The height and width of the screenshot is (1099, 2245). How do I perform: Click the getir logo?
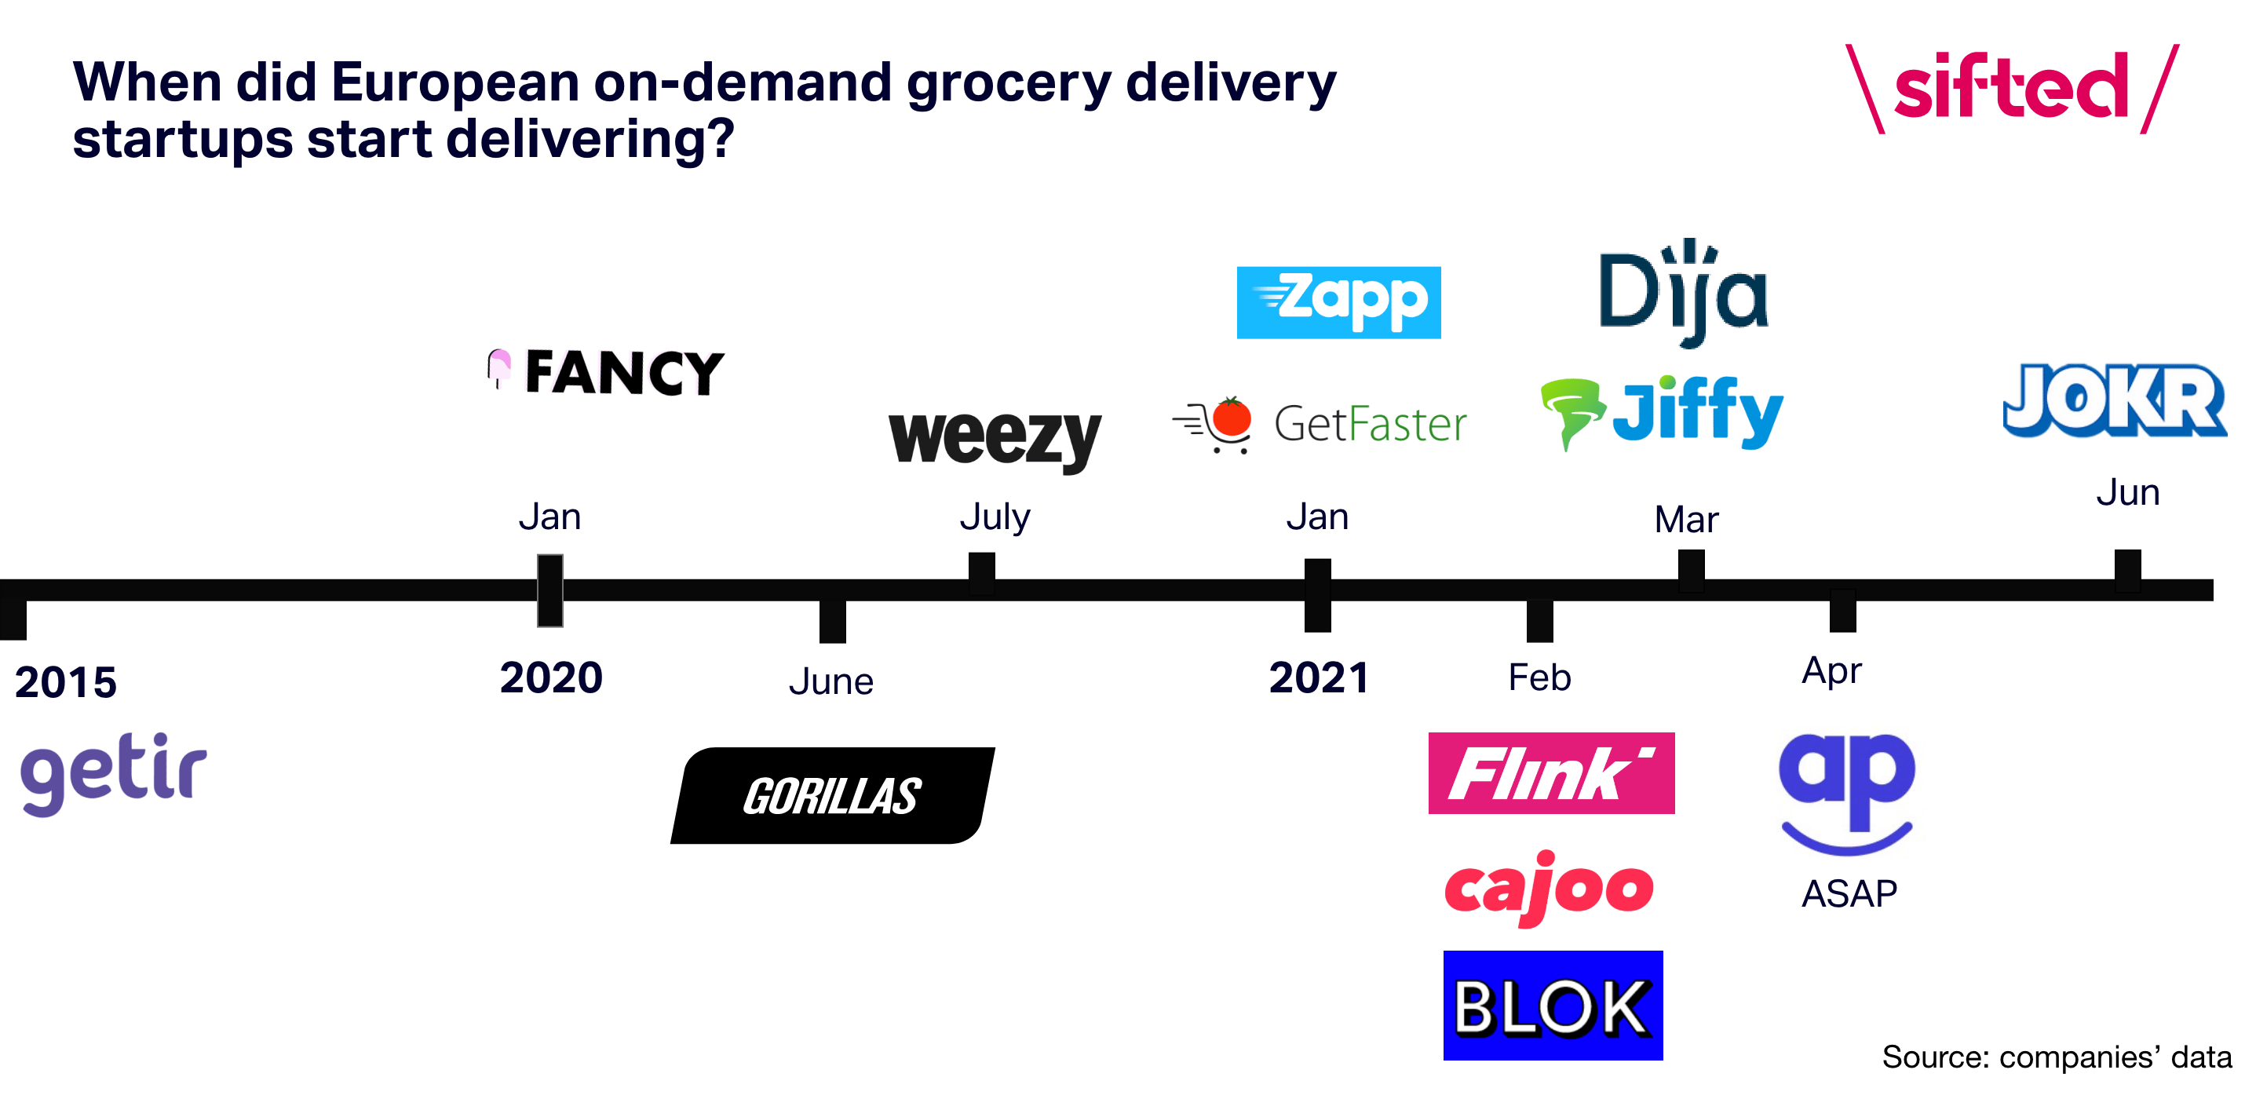click(113, 774)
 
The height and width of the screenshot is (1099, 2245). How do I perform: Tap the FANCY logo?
click(605, 372)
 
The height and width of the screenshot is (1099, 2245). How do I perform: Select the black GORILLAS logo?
click(832, 795)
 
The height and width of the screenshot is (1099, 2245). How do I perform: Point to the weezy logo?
click(995, 440)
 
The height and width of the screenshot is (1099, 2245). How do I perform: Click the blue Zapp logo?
click(1338, 302)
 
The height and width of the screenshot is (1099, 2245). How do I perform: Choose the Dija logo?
click(1684, 293)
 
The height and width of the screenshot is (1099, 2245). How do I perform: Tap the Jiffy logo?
click(1662, 412)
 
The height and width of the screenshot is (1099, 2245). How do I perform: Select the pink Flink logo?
click(1551, 773)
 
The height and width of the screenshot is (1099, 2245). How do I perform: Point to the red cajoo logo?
click(1549, 888)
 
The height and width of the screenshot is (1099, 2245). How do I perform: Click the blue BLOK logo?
click(1553, 1006)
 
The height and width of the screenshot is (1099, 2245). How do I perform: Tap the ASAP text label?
click(1849, 894)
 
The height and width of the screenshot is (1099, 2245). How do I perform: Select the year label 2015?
click(66, 681)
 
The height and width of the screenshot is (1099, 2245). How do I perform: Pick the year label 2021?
click(1319, 677)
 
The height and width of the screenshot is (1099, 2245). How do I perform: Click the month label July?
click(995, 517)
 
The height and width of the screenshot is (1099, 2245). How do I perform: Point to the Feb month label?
click(1540, 677)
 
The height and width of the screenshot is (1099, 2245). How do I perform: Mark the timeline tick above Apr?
click(1842, 610)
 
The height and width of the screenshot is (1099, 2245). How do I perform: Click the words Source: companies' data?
click(2057, 1057)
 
